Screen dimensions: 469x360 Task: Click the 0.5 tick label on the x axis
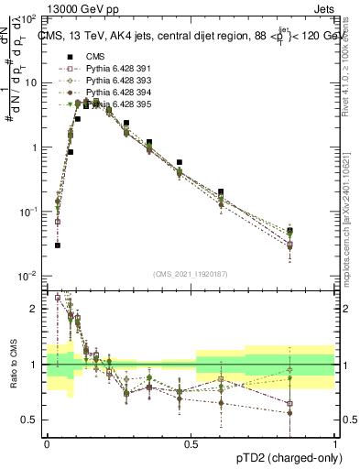[x=191, y=442]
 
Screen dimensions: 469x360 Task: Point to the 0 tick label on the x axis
[x=47, y=442]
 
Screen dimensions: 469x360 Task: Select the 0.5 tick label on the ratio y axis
[x=31, y=420]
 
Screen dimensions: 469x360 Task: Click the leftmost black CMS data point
[x=57, y=245]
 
